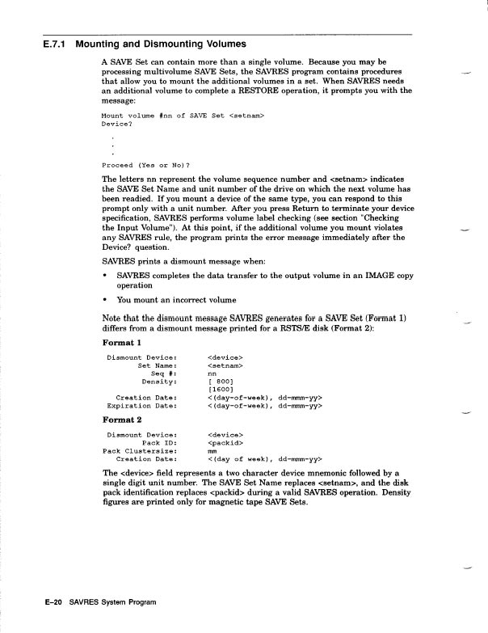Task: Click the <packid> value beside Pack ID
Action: (x=226, y=443)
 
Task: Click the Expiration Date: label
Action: (x=142, y=406)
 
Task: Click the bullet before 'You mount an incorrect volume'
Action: (x=106, y=300)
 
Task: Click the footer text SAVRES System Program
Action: (x=113, y=602)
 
